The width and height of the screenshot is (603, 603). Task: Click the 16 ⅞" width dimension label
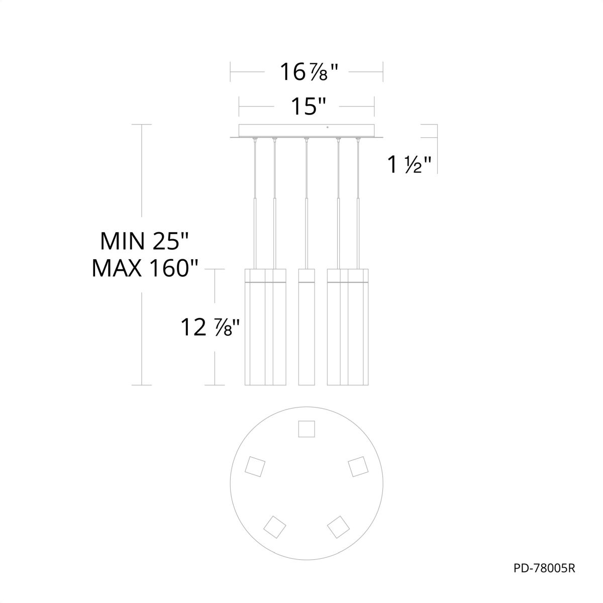(309, 72)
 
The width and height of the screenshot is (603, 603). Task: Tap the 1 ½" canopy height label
(410, 165)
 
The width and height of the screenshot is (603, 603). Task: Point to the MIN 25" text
(144, 241)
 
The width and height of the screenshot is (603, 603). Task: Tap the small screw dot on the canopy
(327, 127)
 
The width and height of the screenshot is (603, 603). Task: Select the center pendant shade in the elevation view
(307, 327)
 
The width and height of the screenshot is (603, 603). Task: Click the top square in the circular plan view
(307, 429)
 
